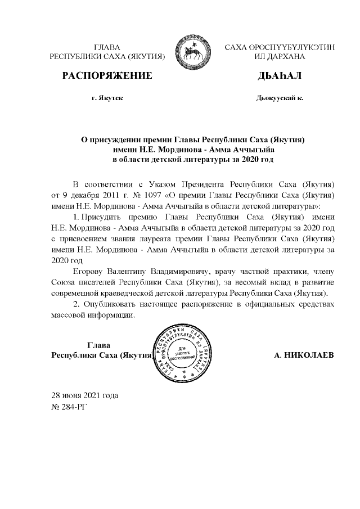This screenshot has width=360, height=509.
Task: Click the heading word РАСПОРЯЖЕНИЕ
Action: point(107,75)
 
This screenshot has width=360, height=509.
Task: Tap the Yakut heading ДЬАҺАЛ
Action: point(280,75)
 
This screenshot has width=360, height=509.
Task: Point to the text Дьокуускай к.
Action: point(280,98)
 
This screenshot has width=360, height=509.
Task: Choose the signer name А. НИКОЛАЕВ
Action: point(304,356)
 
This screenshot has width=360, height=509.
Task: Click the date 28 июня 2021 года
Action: point(84,395)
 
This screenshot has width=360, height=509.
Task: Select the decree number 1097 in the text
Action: point(154,195)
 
